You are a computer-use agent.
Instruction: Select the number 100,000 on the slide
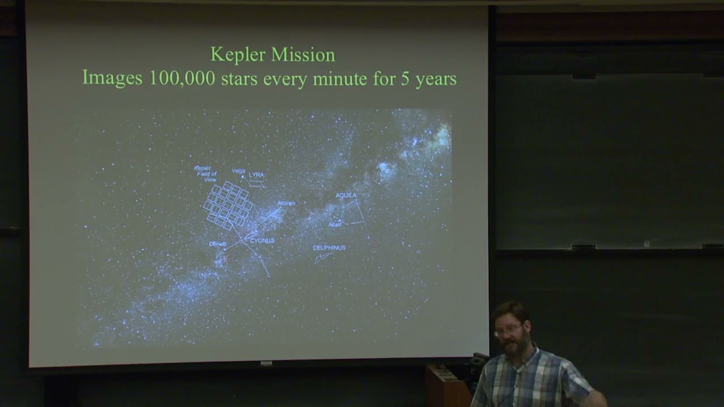pos(182,79)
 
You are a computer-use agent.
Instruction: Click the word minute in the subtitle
pos(341,79)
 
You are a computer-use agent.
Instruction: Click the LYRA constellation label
pos(256,175)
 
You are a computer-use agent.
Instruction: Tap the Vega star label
pos(238,171)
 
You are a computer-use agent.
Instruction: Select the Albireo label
pos(286,203)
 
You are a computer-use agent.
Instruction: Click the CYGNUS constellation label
pos(262,240)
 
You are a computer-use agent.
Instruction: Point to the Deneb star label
pos(217,244)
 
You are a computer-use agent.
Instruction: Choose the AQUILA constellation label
pos(346,195)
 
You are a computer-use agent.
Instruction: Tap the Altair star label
pos(335,224)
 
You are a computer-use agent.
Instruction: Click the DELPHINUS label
pos(329,248)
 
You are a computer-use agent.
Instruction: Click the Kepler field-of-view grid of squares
pos(228,205)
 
